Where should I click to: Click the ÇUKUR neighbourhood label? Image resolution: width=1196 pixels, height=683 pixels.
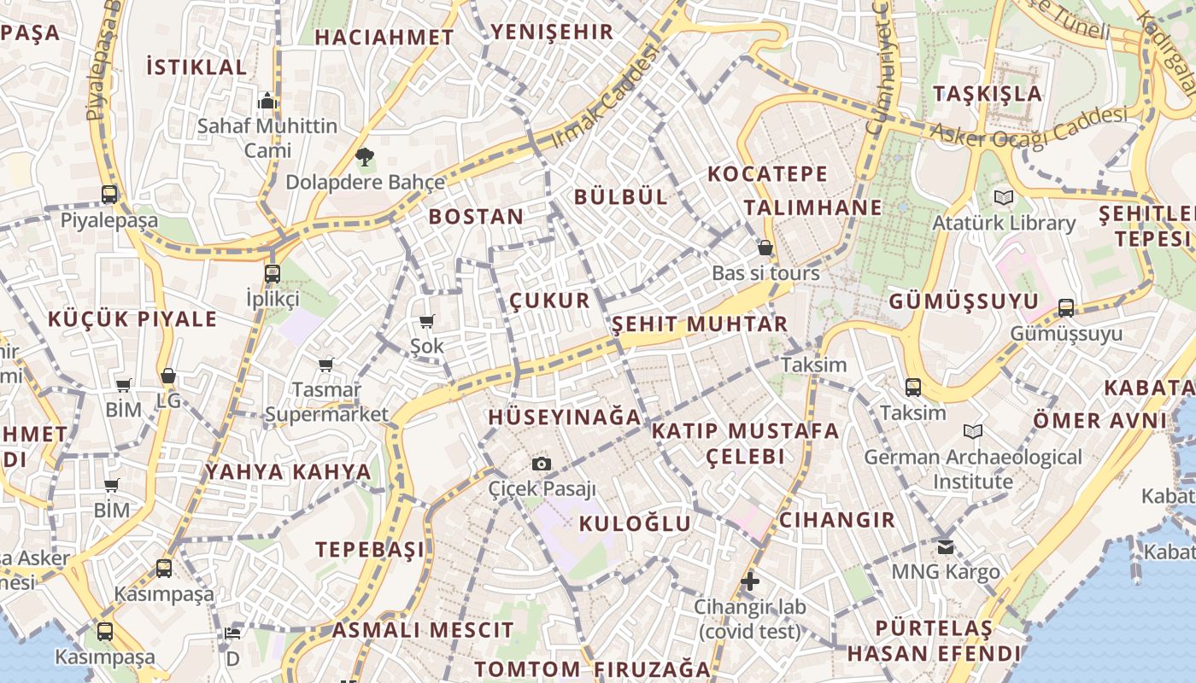click(550, 301)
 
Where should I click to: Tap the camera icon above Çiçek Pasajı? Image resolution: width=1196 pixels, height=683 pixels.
click(541, 464)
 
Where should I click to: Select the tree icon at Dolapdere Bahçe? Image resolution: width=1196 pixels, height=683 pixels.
click(365, 157)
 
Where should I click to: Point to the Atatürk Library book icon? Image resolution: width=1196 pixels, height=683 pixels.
click(1004, 198)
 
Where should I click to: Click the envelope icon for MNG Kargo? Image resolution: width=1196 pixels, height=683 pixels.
click(945, 546)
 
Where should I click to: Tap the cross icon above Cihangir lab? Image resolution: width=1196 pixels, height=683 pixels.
click(750, 582)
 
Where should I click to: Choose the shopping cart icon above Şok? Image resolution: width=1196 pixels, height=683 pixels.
click(427, 322)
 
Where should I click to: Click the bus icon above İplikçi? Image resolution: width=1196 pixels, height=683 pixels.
click(273, 274)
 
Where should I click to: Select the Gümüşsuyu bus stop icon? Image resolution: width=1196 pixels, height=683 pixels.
click(1066, 307)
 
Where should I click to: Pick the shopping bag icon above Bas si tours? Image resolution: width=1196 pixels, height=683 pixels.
click(765, 248)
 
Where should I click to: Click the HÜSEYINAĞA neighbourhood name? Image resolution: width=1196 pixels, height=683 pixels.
click(564, 417)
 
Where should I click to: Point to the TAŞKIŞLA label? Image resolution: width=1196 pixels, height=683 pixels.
click(988, 93)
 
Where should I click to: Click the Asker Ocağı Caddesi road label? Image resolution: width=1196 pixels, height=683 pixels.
click(1029, 130)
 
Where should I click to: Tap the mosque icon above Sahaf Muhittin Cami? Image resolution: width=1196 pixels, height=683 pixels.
click(267, 102)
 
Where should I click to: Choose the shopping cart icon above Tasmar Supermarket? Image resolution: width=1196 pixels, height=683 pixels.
click(325, 365)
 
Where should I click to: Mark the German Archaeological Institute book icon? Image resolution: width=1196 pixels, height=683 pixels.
click(972, 432)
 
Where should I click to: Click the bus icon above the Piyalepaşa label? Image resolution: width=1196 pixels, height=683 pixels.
click(109, 195)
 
